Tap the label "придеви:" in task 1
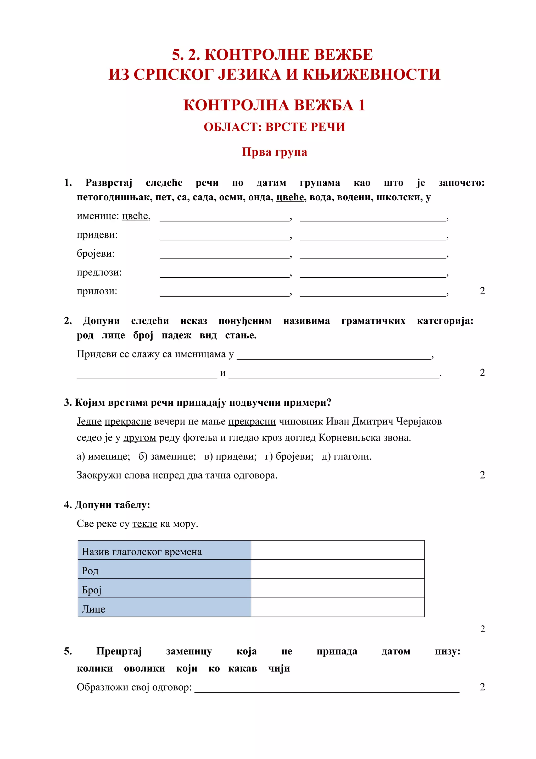[x=97, y=235]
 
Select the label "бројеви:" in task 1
[x=96, y=254]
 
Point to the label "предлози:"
[x=99, y=272]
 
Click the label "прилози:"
[x=97, y=291]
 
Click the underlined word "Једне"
[x=89, y=421]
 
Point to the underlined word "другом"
[x=139, y=438]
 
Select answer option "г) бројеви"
[x=289, y=456]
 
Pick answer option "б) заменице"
[x=167, y=456]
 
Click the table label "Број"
[x=92, y=590]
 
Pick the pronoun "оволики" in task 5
[x=144, y=668]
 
